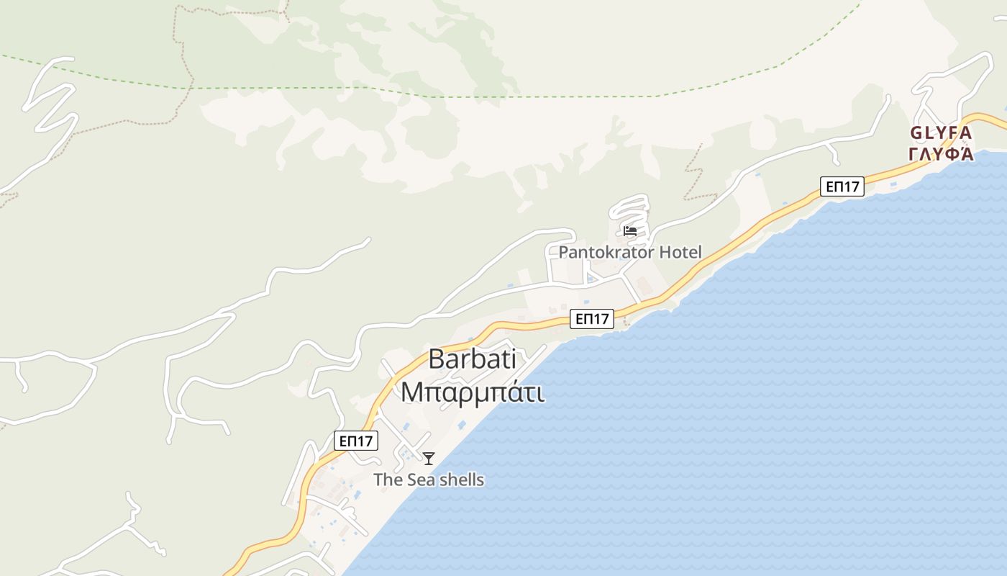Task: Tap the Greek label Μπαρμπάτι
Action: click(472, 393)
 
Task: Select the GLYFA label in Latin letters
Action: click(941, 133)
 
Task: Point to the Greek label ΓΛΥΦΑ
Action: click(941, 154)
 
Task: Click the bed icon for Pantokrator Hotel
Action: click(630, 231)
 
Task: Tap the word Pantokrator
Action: click(606, 253)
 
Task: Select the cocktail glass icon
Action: click(429, 459)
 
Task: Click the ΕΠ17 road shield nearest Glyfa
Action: click(842, 187)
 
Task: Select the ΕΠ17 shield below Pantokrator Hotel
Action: click(591, 319)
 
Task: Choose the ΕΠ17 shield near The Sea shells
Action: click(356, 441)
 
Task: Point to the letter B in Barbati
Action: click(437, 359)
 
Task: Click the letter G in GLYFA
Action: click(916, 133)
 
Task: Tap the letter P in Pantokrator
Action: click(563, 253)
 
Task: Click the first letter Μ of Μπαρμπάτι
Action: click(411, 393)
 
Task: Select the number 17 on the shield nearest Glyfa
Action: click(851, 187)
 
